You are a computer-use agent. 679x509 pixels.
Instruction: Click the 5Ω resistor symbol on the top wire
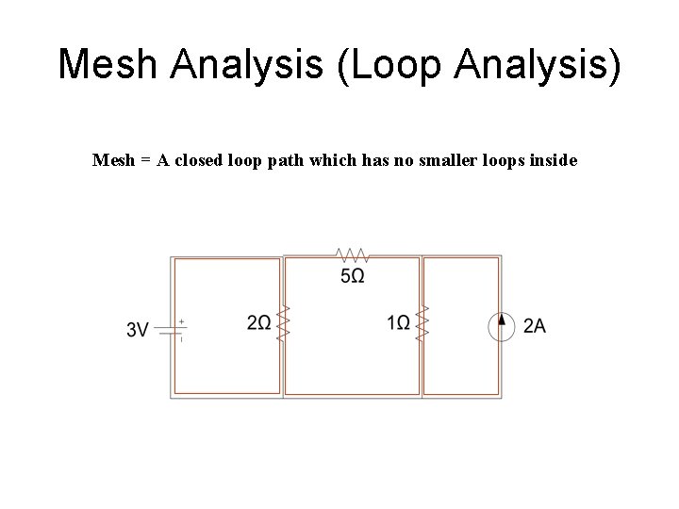click(352, 255)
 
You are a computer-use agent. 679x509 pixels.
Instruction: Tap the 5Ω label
click(353, 275)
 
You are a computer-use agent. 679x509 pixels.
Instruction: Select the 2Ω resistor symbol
click(282, 324)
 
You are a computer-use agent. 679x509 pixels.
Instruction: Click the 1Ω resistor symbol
click(422, 324)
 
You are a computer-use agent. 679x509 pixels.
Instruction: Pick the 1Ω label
click(398, 323)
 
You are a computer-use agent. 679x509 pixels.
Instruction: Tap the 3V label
click(138, 329)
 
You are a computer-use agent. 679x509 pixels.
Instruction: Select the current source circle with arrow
click(501, 326)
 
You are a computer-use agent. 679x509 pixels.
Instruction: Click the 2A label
click(535, 326)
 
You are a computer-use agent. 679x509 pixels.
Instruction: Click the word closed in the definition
click(194, 160)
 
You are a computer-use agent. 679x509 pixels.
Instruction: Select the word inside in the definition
click(554, 160)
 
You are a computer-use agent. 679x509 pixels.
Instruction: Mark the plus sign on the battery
click(181, 320)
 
